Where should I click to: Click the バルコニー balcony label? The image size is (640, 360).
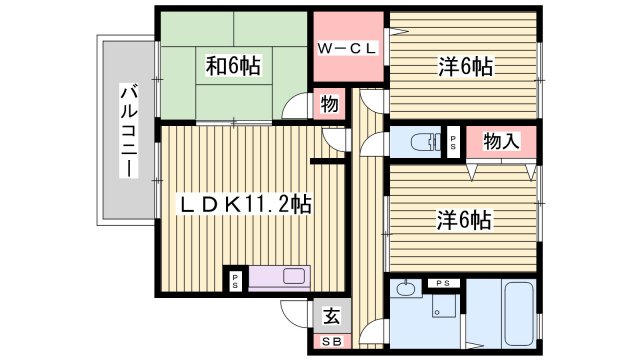pyautogui.click(x=128, y=130)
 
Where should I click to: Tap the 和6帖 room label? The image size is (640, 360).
pyautogui.click(x=233, y=66)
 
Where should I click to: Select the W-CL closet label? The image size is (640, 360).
pyautogui.click(x=346, y=48)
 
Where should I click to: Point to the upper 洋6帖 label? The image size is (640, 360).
pyautogui.click(x=465, y=67)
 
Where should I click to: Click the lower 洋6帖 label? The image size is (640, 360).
pyautogui.click(x=463, y=219)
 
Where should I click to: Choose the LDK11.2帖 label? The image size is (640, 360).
pyautogui.click(x=245, y=204)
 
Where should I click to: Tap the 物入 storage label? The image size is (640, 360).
pyautogui.click(x=501, y=141)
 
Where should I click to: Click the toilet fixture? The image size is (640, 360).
pyautogui.click(x=424, y=142)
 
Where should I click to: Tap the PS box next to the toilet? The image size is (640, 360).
pyautogui.click(x=453, y=141)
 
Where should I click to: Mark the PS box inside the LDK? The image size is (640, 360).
pyautogui.click(x=236, y=279)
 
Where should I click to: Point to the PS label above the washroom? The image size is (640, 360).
pyautogui.click(x=443, y=284)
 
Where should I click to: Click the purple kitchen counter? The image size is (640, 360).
pyautogui.click(x=281, y=276)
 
